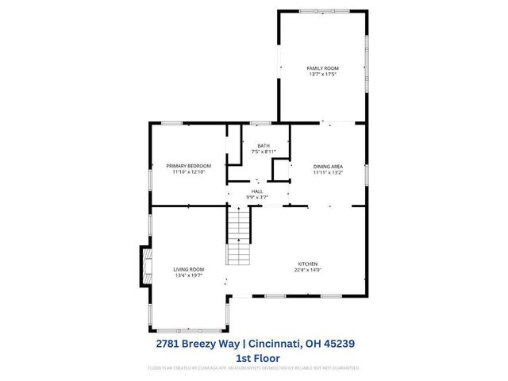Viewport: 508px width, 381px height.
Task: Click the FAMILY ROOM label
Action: [x=322, y=69]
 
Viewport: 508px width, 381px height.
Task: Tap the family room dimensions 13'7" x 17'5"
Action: [x=322, y=75]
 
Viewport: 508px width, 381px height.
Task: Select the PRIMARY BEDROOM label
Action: [x=188, y=166]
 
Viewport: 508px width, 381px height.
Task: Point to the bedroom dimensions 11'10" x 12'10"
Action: [x=188, y=171]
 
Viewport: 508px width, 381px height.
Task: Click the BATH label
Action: [x=263, y=145]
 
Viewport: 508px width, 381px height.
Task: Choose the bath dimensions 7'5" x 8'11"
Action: [x=263, y=151]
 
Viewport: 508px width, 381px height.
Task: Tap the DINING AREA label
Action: [x=327, y=166]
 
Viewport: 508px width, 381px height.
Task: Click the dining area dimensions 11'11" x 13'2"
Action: [x=327, y=171]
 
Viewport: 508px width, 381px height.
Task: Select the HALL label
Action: [x=257, y=191]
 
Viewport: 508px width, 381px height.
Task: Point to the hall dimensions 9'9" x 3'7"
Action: [x=257, y=197]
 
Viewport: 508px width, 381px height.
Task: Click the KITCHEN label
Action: [x=307, y=264]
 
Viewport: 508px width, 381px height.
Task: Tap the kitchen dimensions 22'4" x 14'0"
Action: [x=307, y=270]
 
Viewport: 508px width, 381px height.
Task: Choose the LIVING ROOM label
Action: [x=189, y=270]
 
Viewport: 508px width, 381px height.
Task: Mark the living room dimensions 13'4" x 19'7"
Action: [x=189, y=275]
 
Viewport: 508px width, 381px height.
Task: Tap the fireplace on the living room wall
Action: [x=145, y=267]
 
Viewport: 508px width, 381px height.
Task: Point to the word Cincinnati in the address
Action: [x=278, y=344]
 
